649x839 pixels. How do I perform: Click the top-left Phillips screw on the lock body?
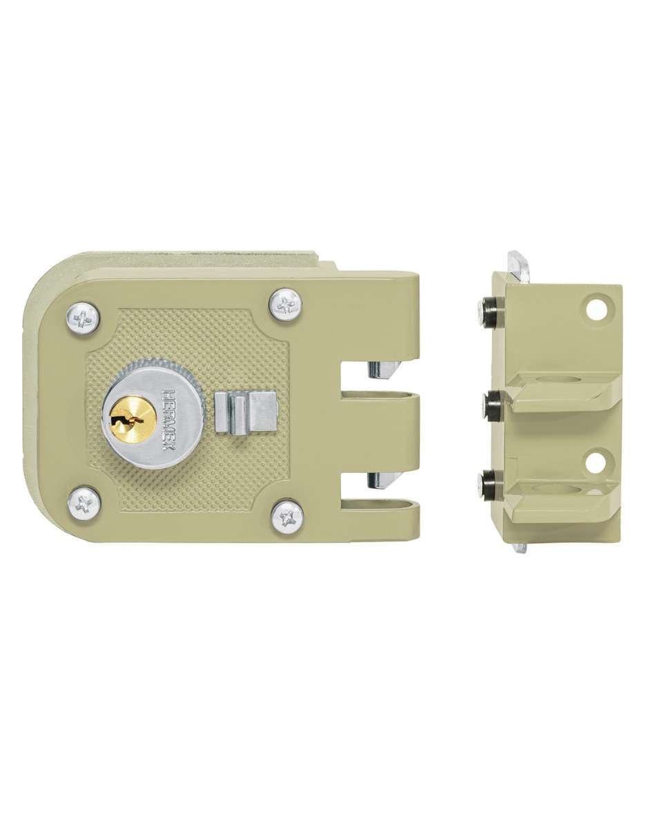click(83, 318)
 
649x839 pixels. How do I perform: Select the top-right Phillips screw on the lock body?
click(284, 305)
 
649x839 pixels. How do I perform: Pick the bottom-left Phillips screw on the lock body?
click(84, 503)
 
